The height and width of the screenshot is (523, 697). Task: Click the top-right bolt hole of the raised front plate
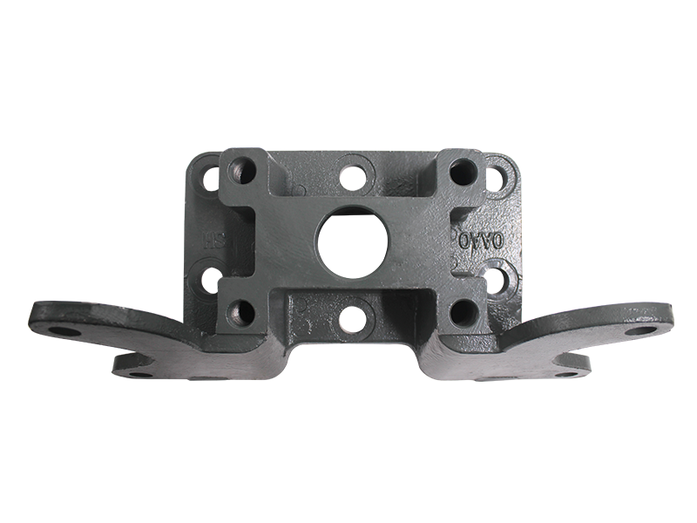(x=460, y=168)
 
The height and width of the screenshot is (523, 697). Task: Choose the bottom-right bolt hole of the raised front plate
(x=462, y=310)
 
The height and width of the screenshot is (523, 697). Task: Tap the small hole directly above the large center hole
(x=353, y=171)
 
